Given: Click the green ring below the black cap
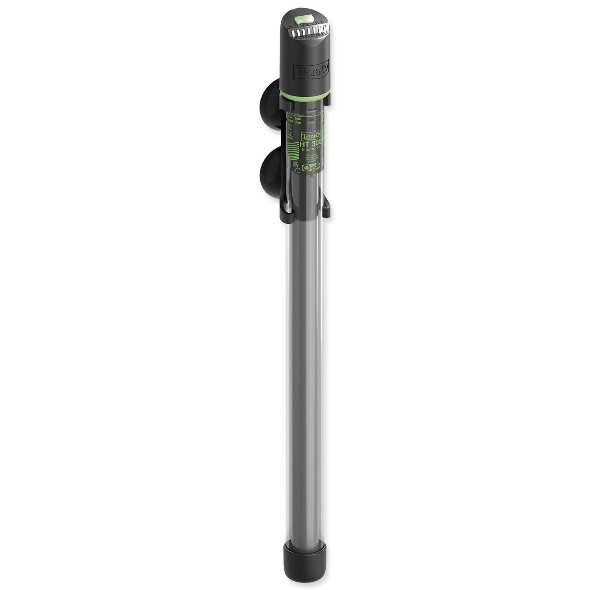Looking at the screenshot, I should pyautogui.click(x=303, y=96).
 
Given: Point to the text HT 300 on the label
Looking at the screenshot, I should pyautogui.click(x=312, y=144).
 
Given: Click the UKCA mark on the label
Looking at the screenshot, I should pyautogui.click(x=296, y=164).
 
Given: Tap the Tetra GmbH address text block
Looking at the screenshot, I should pyautogui.click(x=311, y=159).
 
